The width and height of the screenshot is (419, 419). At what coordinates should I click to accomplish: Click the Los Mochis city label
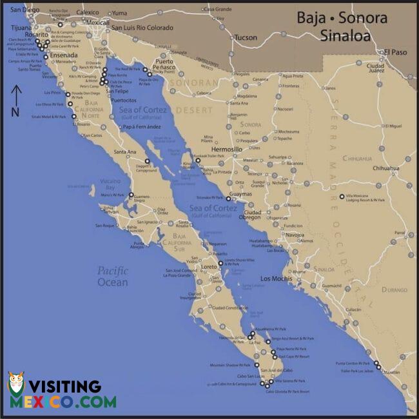tap(276, 279)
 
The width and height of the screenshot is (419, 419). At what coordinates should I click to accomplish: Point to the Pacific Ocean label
tap(113, 276)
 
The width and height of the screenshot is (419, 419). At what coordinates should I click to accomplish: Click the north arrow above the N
tap(17, 97)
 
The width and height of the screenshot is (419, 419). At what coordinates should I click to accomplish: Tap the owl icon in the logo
tap(16, 389)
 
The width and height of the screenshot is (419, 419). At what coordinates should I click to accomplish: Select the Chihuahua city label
tap(385, 168)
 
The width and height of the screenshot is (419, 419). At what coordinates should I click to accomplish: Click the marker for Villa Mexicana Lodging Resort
tap(342, 197)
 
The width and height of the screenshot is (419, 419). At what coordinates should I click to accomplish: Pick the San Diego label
tap(23, 10)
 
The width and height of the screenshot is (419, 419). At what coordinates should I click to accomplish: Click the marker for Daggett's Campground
tap(147, 161)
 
